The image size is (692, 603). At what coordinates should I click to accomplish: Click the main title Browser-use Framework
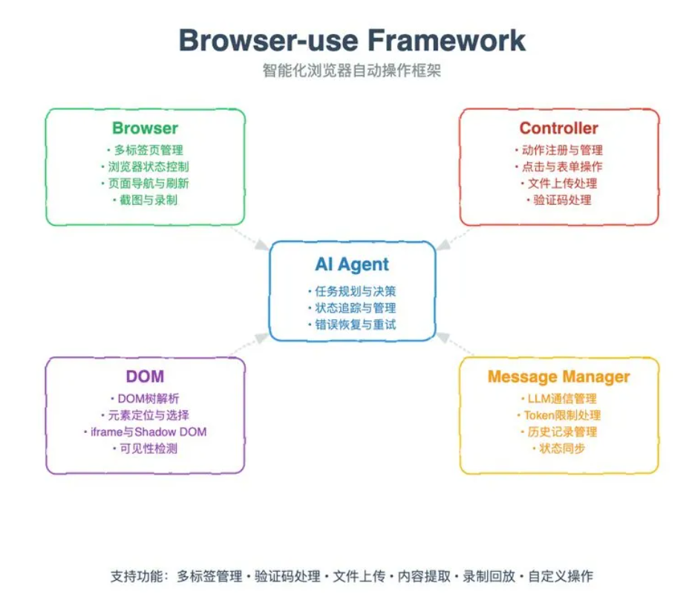tap(352, 39)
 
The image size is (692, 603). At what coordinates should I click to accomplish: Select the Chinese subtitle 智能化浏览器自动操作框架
tap(352, 71)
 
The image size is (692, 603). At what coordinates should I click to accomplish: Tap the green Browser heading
tap(146, 128)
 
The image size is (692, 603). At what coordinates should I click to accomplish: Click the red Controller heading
tap(558, 128)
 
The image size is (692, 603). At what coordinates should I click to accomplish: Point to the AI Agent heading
tap(352, 264)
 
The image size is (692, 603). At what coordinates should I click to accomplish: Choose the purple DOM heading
tap(146, 377)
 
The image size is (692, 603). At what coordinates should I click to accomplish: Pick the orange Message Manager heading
tap(558, 377)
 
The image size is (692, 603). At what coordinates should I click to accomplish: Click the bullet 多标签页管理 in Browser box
tap(146, 150)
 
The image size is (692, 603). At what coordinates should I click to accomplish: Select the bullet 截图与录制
tap(146, 200)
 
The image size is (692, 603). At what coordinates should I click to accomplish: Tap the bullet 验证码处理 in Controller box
tap(559, 200)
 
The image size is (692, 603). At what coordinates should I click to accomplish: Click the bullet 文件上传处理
tap(559, 183)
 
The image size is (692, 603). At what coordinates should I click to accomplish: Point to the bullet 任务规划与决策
tap(352, 291)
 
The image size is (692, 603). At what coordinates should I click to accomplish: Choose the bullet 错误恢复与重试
tap(352, 325)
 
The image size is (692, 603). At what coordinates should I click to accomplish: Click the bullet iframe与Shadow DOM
tap(146, 432)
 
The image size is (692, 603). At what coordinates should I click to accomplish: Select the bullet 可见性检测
tap(146, 449)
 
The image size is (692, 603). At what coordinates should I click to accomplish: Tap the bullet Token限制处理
tap(559, 415)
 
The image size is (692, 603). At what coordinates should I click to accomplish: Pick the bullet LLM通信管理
tap(559, 399)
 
